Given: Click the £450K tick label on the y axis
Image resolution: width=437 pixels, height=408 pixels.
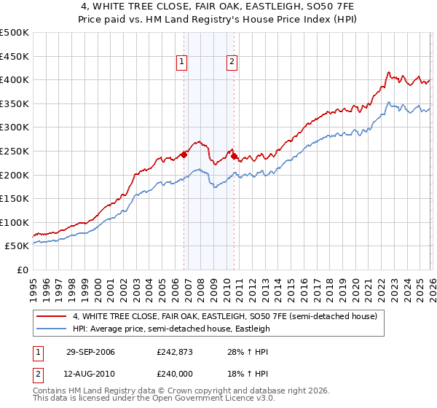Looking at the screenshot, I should (15, 56).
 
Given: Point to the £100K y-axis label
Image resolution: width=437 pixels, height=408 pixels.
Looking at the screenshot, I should (15, 222).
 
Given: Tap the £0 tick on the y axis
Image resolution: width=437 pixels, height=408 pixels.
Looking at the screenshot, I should (23, 270).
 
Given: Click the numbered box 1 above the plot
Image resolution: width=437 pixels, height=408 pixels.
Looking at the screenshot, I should (181, 63).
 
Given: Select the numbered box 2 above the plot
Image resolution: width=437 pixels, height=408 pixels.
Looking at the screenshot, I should (232, 63).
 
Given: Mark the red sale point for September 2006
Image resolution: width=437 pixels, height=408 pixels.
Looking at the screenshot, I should (184, 154).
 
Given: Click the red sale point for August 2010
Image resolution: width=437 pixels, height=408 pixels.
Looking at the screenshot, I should (234, 155).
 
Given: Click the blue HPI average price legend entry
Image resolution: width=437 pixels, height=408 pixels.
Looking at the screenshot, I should (171, 329).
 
